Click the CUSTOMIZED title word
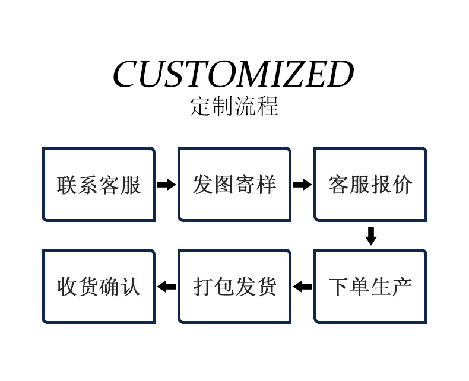click(233, 75)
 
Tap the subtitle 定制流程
click(234, 106)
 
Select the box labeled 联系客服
click(99, 185)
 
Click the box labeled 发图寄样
click(235, 185)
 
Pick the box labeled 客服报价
click(370, 185)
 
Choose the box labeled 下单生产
click(370, 287)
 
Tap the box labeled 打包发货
click(235, 287)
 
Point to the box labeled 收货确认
click(99, 287)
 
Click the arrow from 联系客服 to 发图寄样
click(166, 185)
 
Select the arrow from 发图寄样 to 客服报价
click(302, 185)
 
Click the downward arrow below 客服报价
click(371, 236)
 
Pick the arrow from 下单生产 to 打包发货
click(302, 287)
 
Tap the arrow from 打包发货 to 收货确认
click(166, 287)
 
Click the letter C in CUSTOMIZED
click(126, 75)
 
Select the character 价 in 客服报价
click(402, 185)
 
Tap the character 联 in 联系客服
click(67, 185)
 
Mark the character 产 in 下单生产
click(402, 287)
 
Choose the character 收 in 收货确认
click(67, 287)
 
